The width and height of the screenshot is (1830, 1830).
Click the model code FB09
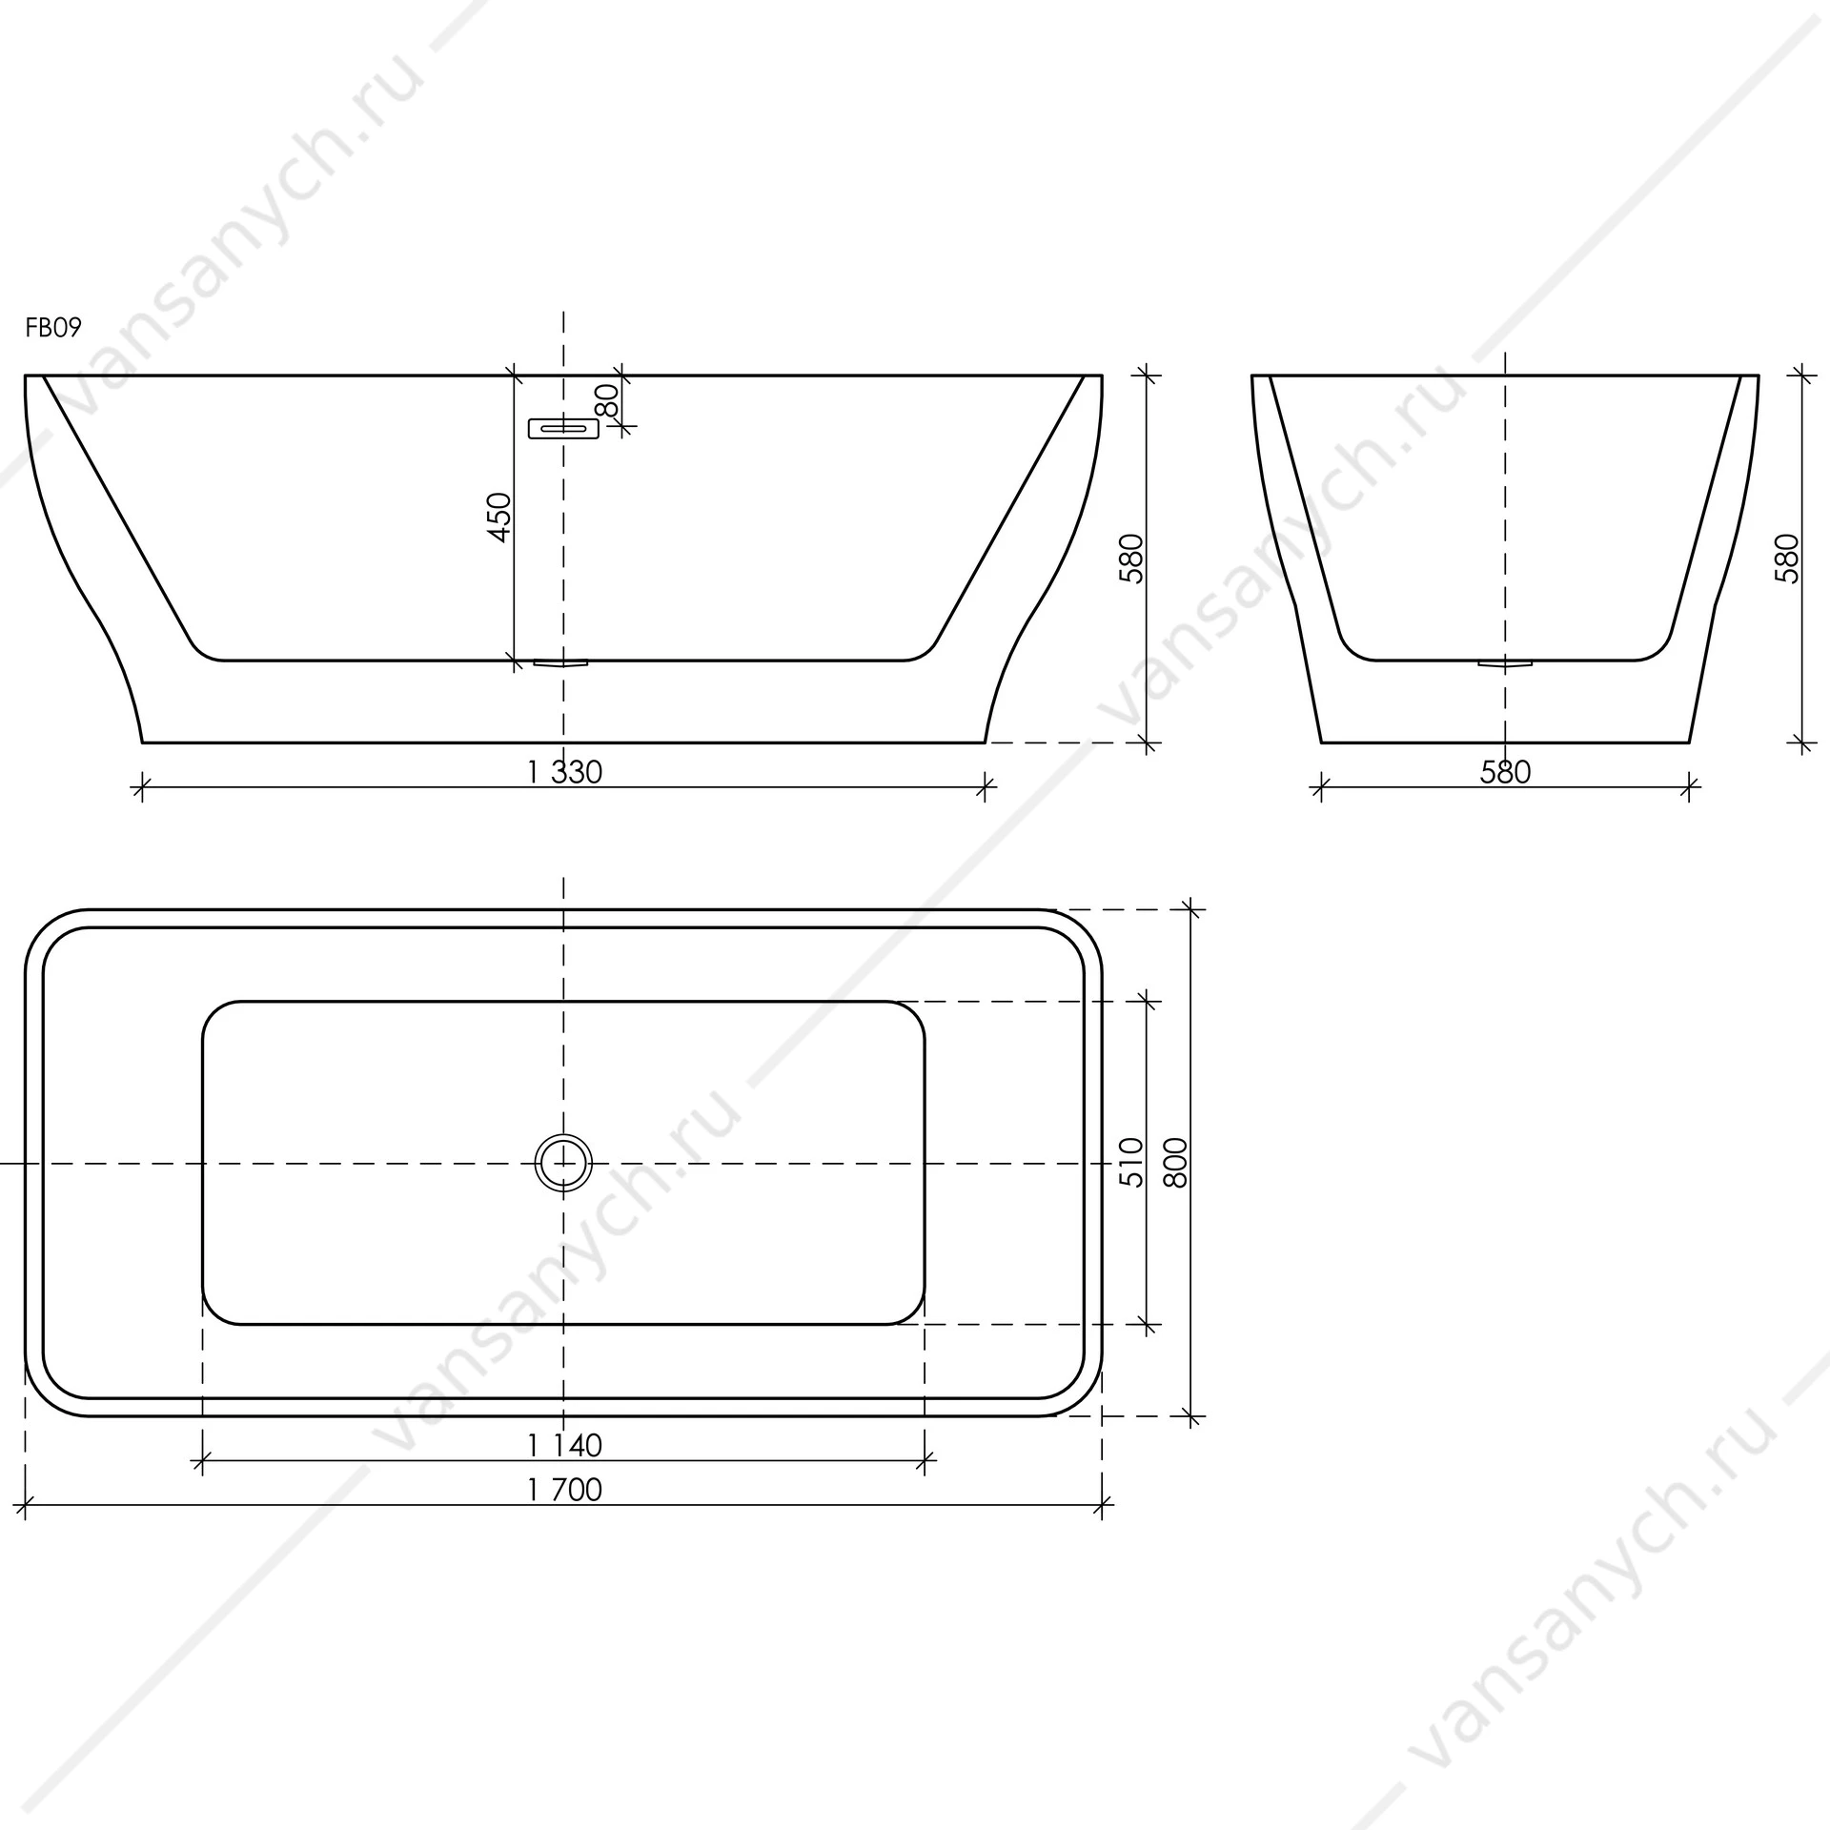click(53, 328)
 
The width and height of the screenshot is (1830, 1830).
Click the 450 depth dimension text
click(499, 518)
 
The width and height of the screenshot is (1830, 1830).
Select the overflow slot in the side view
click(563, 429)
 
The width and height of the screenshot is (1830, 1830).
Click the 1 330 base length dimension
click(564, 771)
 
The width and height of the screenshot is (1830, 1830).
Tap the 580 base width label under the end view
click(1505, 771)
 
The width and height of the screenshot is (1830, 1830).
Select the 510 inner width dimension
click(1130, 1162)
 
